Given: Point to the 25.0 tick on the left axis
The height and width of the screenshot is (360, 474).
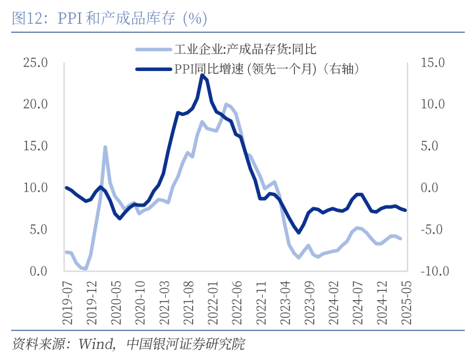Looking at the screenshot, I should point(36,63).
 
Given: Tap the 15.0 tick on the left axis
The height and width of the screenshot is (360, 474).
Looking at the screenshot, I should point(36,146).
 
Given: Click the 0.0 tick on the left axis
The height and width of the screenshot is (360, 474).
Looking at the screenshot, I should point(38,271).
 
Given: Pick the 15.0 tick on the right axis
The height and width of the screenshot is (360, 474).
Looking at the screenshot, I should point(434,63).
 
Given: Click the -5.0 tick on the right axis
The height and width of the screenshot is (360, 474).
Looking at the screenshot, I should point(434,230).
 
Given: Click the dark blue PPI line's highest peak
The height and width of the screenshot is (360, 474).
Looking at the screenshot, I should point(201,75).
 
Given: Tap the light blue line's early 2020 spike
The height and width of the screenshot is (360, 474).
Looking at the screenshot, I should point(105,147).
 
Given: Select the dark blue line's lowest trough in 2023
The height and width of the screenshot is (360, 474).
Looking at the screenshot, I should point(298,232).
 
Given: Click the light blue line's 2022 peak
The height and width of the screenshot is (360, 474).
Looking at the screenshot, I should point(226,104).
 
